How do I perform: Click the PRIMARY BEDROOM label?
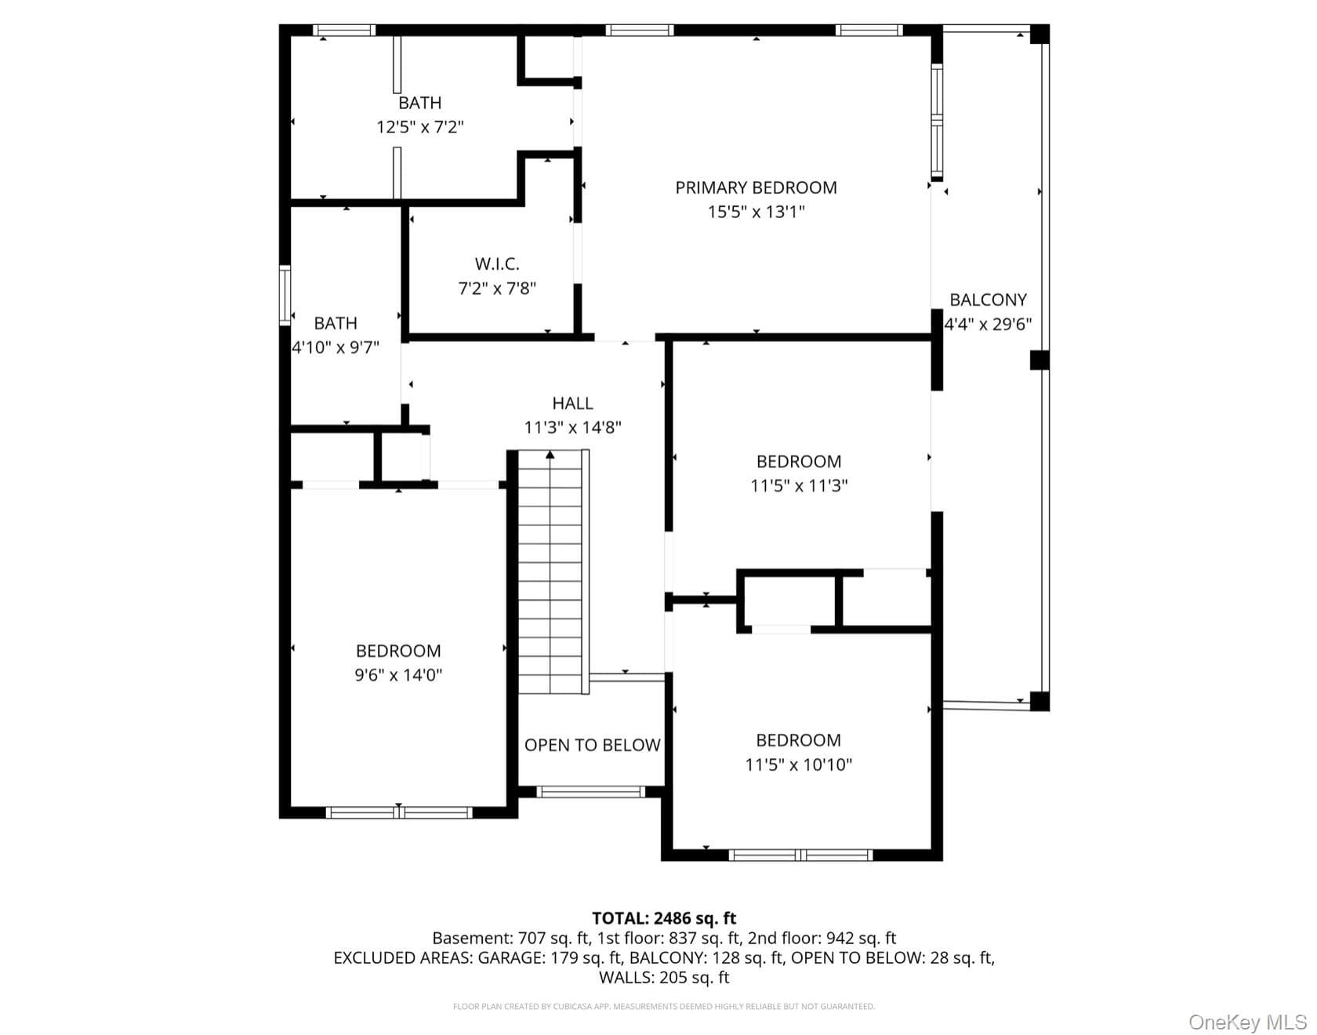click(x=756, y=187)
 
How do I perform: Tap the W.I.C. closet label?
click(x=497, y=264)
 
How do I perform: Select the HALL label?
click(x=572, y=403)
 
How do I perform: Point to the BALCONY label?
click(x=988, y=300)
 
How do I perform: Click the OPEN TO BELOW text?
click(x=593, y=745)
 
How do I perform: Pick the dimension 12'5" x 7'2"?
click(x=420, y=126)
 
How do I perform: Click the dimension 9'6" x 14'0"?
click(x=398, y=674)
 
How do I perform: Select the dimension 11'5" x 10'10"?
click(x=798, y=764)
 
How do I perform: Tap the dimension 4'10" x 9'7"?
click(x=336, y=347)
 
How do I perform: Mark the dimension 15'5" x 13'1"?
click(x=756, y=212)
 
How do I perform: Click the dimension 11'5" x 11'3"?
click(x=799, y=485)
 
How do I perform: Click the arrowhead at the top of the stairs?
click(x=550, y=454)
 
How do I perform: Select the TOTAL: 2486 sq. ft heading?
click(x=664, y=918)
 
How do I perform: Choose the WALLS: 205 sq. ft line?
click(x=664, y=978)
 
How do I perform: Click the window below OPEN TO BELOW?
click(x=591, y=792)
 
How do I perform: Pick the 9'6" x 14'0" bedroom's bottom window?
click(x=398, y=812)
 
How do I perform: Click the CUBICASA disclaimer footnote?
click(x=664, y=1007)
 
